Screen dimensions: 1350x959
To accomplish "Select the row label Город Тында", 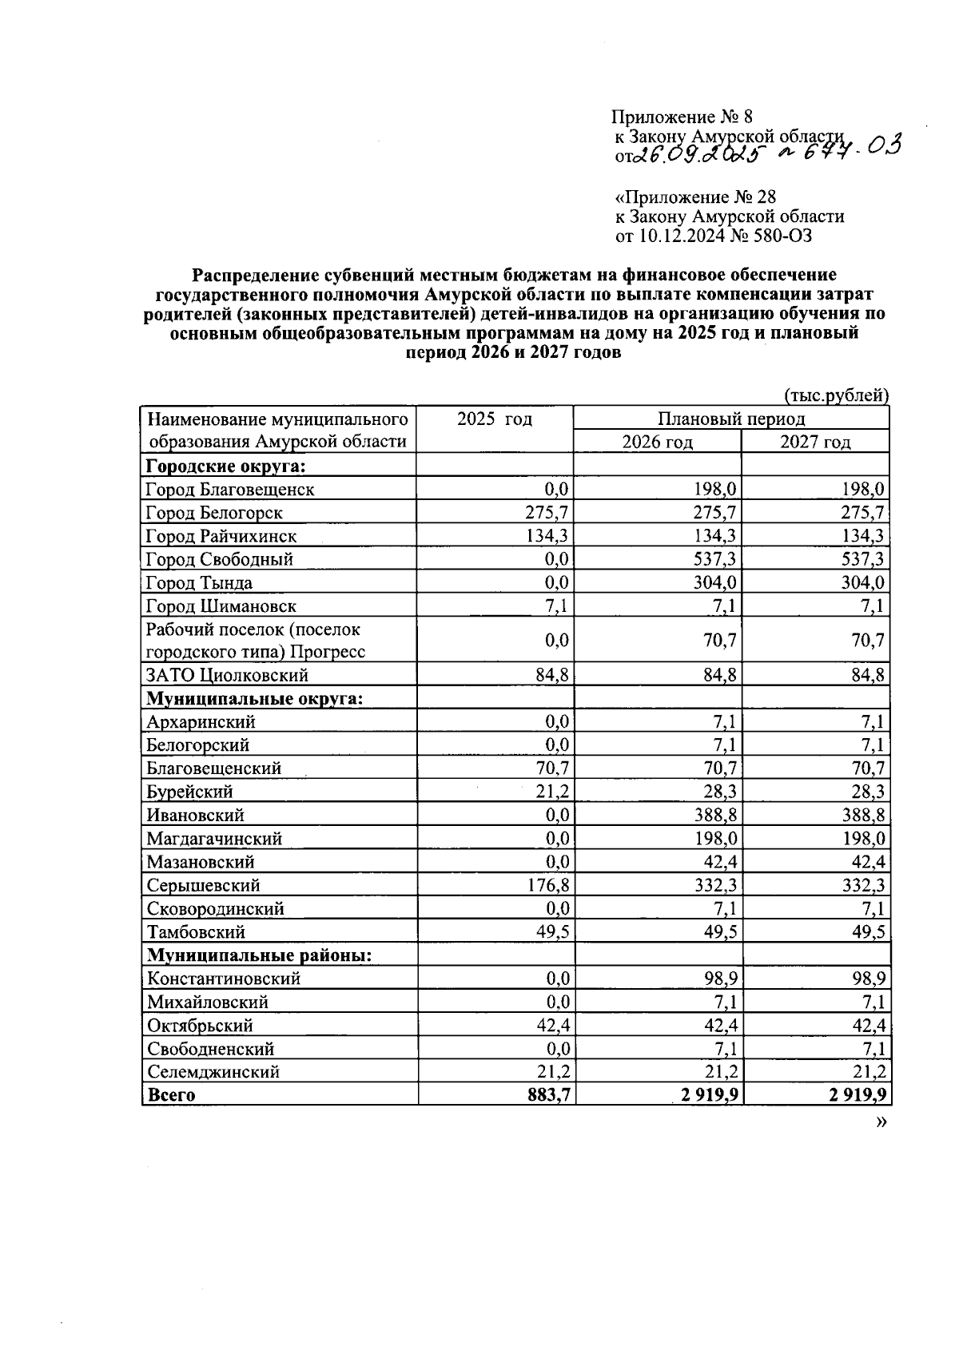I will tap(199, 583).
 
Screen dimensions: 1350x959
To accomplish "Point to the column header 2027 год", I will tap(814, 442).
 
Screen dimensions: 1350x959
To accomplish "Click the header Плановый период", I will tap(730, 419).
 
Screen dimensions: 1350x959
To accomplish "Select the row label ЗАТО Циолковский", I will tap(227, 676).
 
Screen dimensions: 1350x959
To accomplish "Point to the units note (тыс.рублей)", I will tap(836, 395).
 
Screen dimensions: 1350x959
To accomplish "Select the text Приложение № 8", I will tap(682, 119).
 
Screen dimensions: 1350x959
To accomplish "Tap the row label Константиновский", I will tap(223, 979).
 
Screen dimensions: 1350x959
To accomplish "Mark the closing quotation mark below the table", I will tap(881, 1122).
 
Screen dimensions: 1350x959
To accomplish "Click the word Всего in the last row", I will tap(170, 1095).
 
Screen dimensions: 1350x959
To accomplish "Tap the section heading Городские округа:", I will tap(226, 466).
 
